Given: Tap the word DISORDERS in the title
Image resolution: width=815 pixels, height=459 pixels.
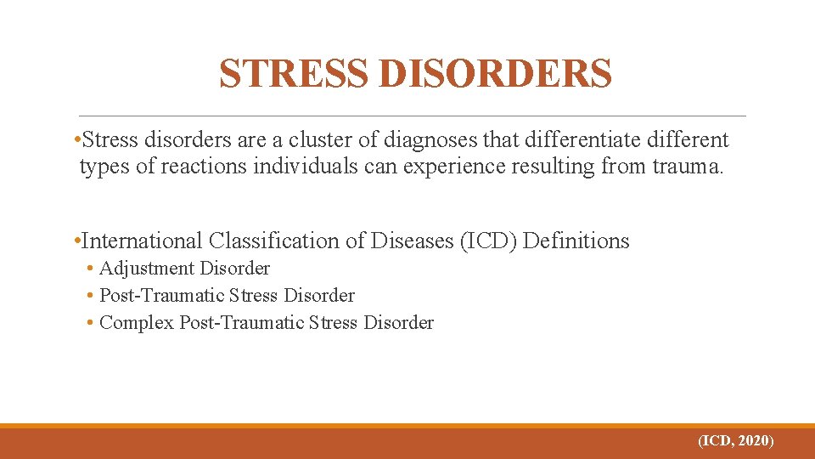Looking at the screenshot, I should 492,74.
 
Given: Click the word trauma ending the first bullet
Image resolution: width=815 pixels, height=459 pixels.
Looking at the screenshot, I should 688,167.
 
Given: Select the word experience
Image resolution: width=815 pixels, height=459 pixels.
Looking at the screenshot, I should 455,167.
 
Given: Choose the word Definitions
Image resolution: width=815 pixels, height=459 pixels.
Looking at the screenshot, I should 577,241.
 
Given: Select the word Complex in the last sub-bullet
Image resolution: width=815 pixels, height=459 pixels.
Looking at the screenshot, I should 137,323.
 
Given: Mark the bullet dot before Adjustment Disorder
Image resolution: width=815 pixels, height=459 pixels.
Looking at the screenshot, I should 90,269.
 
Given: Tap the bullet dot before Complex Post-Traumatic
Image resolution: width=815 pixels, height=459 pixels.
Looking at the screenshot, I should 90,324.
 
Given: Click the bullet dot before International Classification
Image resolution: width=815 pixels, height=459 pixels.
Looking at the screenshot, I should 77,242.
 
